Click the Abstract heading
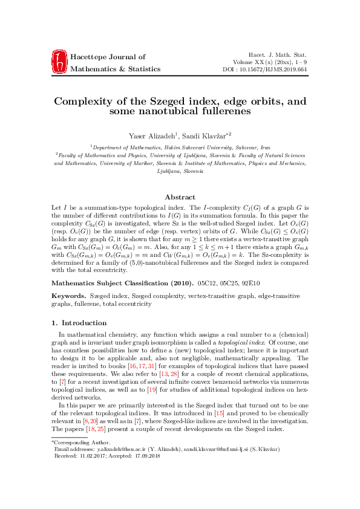click(x=180, y=197)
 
